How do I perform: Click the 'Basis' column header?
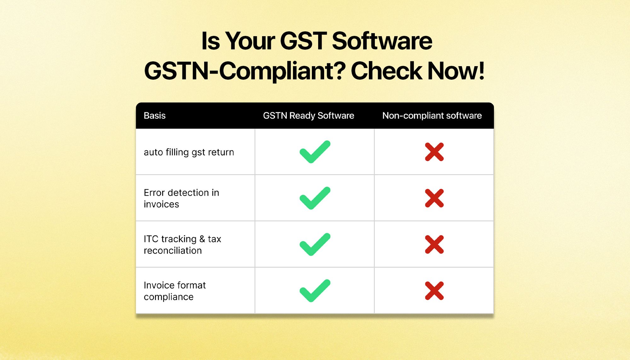click(x=154, y=116)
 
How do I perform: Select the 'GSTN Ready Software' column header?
click(x=308, y=116)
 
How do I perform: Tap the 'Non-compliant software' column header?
click(x=432, y=116)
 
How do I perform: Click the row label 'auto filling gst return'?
click(x=189, y=152)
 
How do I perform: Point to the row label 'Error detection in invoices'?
click(x=181, y=198)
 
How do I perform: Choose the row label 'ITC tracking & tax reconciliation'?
click(x=182, y=245)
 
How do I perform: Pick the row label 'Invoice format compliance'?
click(x=175, y=291)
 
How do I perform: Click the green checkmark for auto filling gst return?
click(x=315, y=152)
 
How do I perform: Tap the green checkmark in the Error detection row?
click(x=315, y=198)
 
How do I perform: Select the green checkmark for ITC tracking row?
click(x=315, y=245)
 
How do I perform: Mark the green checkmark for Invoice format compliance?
click(x=315, y=291)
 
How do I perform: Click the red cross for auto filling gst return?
click(x=434, y=152)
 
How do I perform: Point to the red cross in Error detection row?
click(x=434, y=198)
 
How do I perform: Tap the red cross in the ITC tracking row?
click(x=434, y=244)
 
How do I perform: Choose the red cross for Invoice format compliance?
click(x=434, y=291)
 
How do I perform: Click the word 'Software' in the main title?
click(x=382, y=41)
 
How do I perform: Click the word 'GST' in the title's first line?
click(x=303, y=41)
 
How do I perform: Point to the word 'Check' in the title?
click(x=387, y=71)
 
